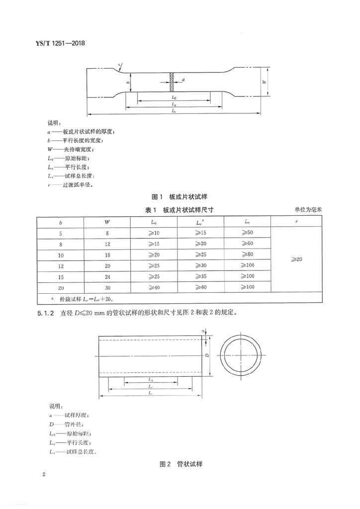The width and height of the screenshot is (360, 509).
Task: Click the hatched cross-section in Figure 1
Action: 172,83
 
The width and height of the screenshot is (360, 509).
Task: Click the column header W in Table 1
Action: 107,222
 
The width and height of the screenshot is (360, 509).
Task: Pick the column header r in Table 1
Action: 296,222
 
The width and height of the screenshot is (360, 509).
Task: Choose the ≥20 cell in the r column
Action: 296,259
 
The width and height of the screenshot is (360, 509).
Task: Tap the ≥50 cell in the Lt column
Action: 247,233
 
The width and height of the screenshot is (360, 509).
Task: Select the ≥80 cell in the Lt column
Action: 247,254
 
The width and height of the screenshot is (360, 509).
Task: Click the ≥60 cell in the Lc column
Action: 200,287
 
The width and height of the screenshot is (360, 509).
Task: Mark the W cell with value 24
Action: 107,276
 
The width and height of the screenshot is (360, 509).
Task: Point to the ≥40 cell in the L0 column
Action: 154,287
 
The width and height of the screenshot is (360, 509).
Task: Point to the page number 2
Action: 44,475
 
